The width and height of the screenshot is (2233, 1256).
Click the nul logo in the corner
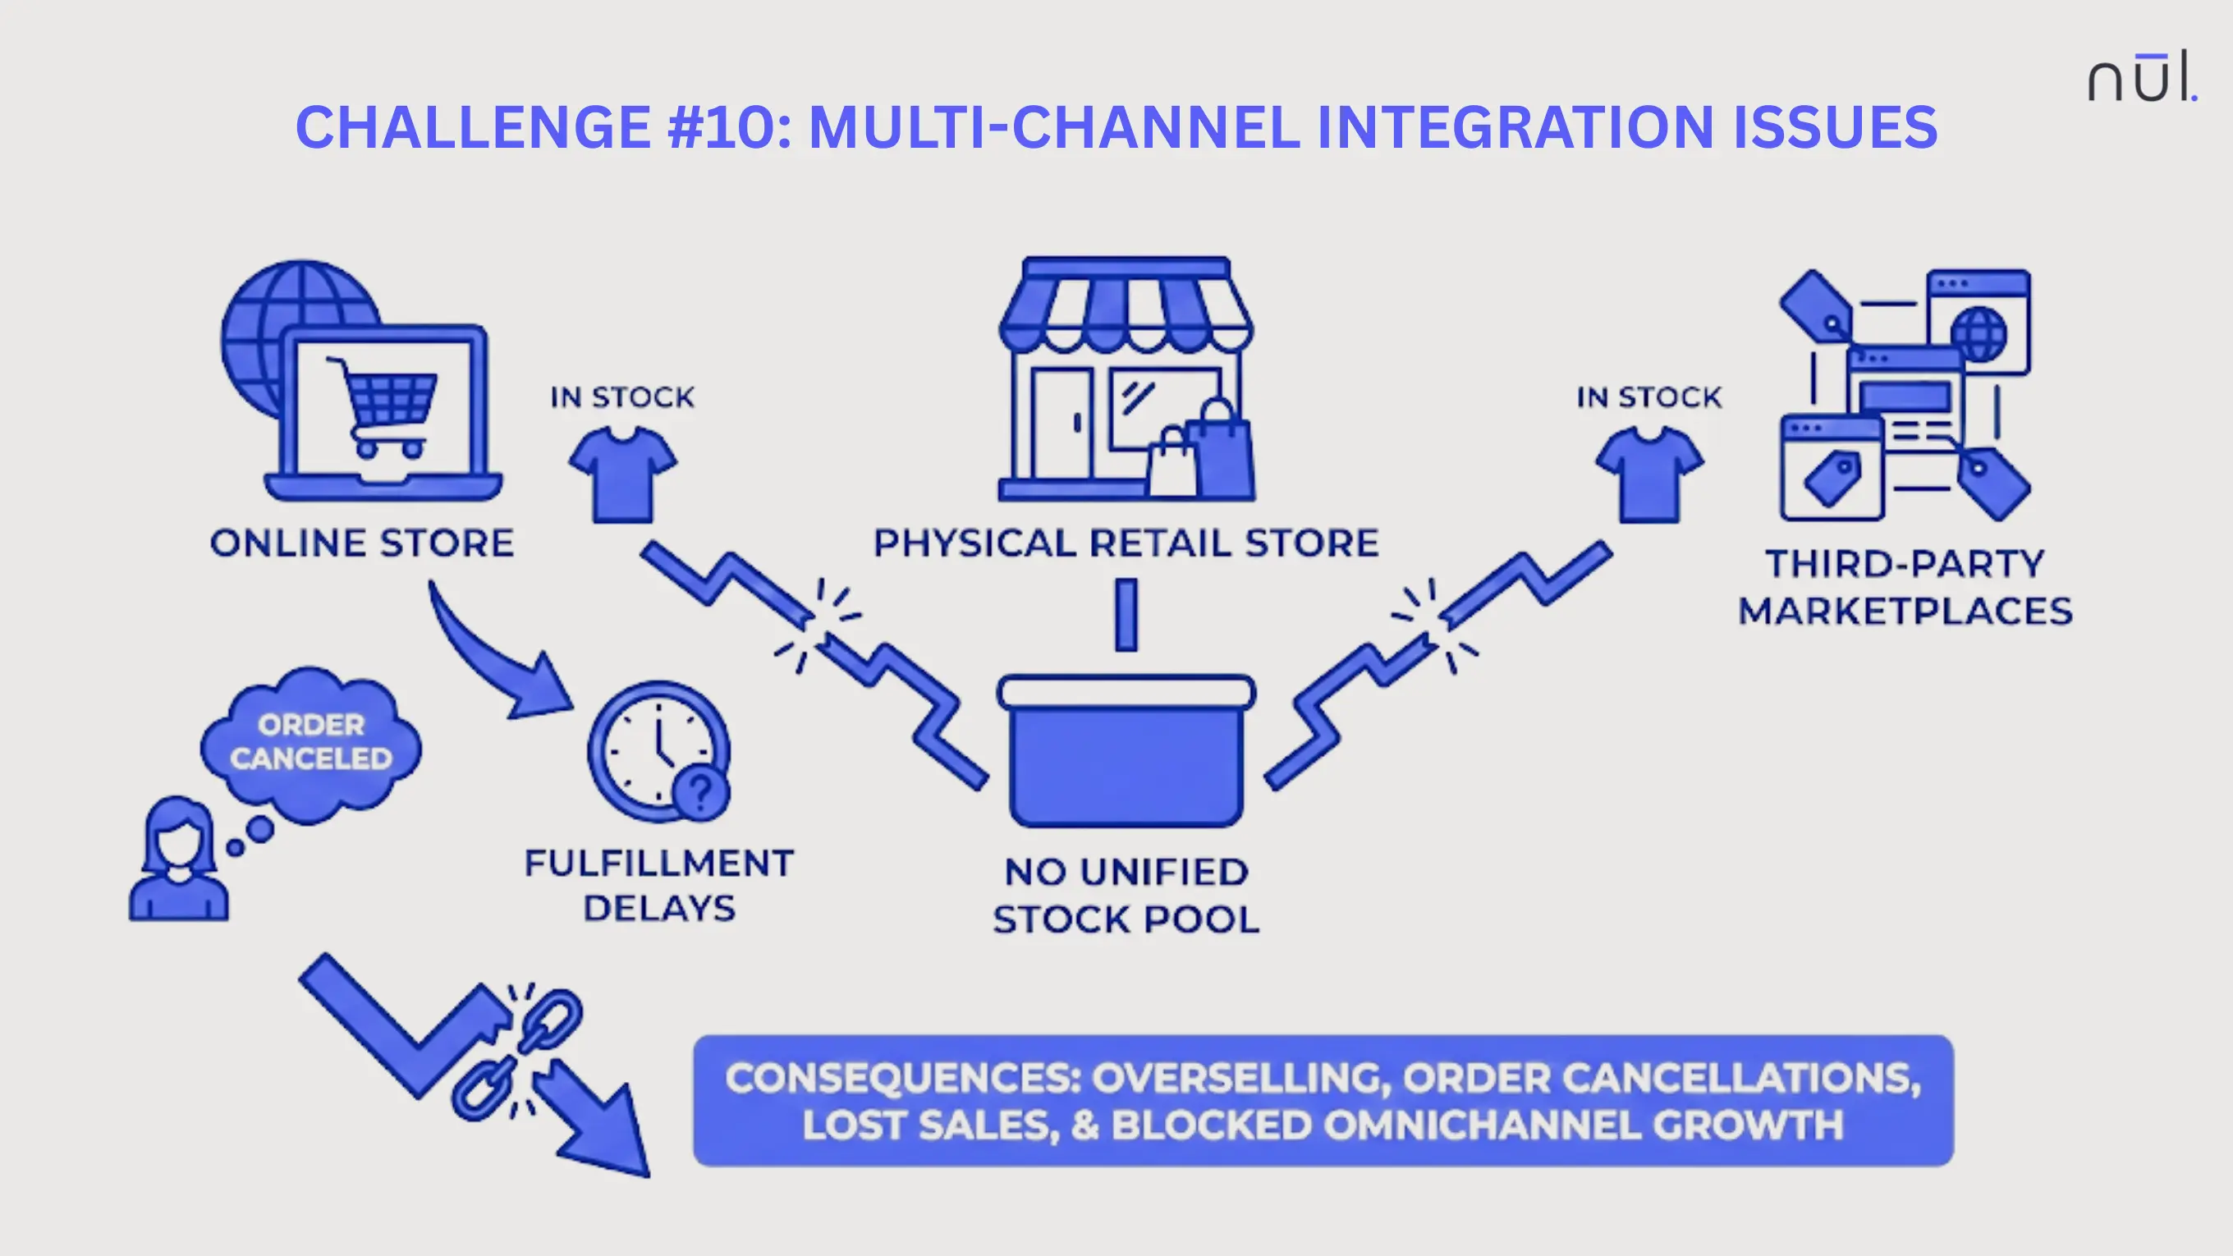click(x=2141, y=78)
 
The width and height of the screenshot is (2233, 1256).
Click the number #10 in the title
click(x=729, y=127)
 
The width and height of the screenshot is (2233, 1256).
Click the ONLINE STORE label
click(x=361, y=543)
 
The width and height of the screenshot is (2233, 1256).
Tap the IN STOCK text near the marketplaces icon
click(x=1648, y=397)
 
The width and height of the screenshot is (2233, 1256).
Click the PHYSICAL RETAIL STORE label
click(x=1126, y=543)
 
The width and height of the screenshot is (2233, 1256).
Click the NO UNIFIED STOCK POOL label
click(x=1126, y=896)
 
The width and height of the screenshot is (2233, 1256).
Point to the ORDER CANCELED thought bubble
click(x=310, y=742)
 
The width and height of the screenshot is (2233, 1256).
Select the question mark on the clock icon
click(x=700, y=791)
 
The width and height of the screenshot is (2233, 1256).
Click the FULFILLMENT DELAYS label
click(x=658, y=886)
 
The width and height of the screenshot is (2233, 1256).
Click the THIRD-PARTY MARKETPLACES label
click(x=1905, y=587)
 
